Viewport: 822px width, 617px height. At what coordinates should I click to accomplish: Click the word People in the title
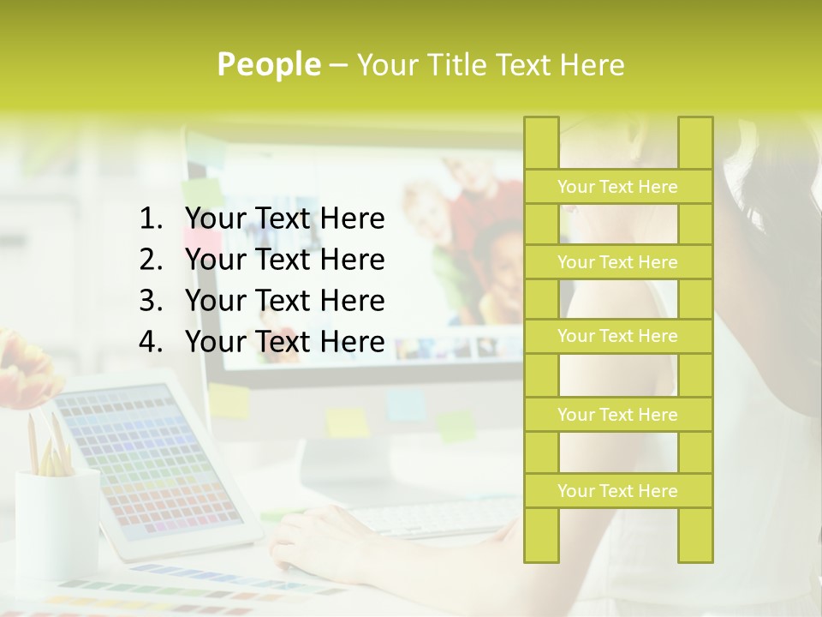tap(268, 65)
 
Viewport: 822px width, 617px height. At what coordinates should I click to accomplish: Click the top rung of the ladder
tap(617, 187)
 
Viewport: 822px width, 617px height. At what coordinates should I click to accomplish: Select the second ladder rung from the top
tap(617, 262)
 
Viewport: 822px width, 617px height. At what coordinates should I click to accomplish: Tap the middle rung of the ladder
tap(617, 336)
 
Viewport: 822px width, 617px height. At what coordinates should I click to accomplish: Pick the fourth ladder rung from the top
tap(617, 415)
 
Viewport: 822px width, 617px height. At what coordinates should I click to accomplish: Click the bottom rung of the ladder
tap(617, 491)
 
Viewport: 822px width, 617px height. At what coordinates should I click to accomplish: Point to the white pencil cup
tap(57, 523)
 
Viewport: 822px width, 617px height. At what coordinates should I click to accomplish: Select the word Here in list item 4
tap(352, 342)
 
